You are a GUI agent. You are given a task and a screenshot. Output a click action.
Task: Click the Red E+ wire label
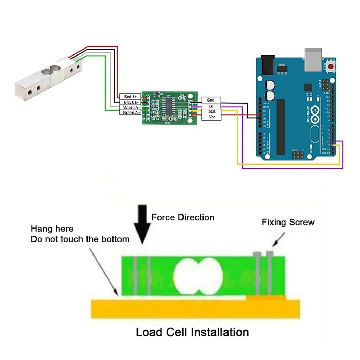coord(130,96)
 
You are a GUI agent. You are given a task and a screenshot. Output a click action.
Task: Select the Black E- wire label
coord(130,102)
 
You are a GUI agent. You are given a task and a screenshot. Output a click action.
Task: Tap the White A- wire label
coord(130,107)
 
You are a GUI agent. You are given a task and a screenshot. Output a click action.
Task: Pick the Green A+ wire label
coord(130,112)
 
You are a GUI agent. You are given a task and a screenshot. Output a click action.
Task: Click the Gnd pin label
coord(211,100)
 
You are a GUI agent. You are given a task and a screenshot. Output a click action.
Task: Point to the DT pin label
coord(211,106)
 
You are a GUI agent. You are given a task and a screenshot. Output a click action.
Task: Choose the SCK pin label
coord(211,111)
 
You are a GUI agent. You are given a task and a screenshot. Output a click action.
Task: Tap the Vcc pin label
coord(211,117)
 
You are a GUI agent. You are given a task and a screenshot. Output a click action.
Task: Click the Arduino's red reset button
coord(330,66)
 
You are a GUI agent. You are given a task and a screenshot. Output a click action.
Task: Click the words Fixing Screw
coord(288,222)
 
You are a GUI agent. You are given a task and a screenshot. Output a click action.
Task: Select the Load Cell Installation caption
coord(192,332)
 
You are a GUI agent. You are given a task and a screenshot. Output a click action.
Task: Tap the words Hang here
coord(52,229)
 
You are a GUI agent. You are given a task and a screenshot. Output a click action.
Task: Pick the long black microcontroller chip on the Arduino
coord(281,127)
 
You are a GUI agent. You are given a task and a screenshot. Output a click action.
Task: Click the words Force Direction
coord(183,217)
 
